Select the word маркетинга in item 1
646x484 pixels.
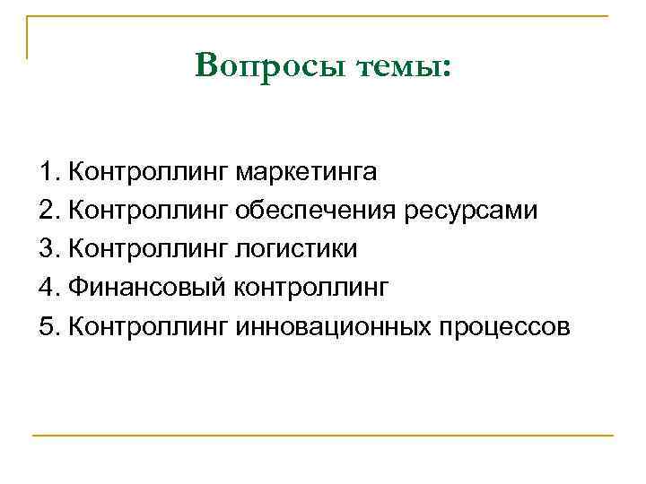point(307,170)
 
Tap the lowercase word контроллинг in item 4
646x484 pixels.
point(311,288)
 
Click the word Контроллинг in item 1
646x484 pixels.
point(148,170)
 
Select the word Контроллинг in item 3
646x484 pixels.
point(148,248)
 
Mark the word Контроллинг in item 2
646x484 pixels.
point(148,210)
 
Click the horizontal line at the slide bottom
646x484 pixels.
point(323,436)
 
